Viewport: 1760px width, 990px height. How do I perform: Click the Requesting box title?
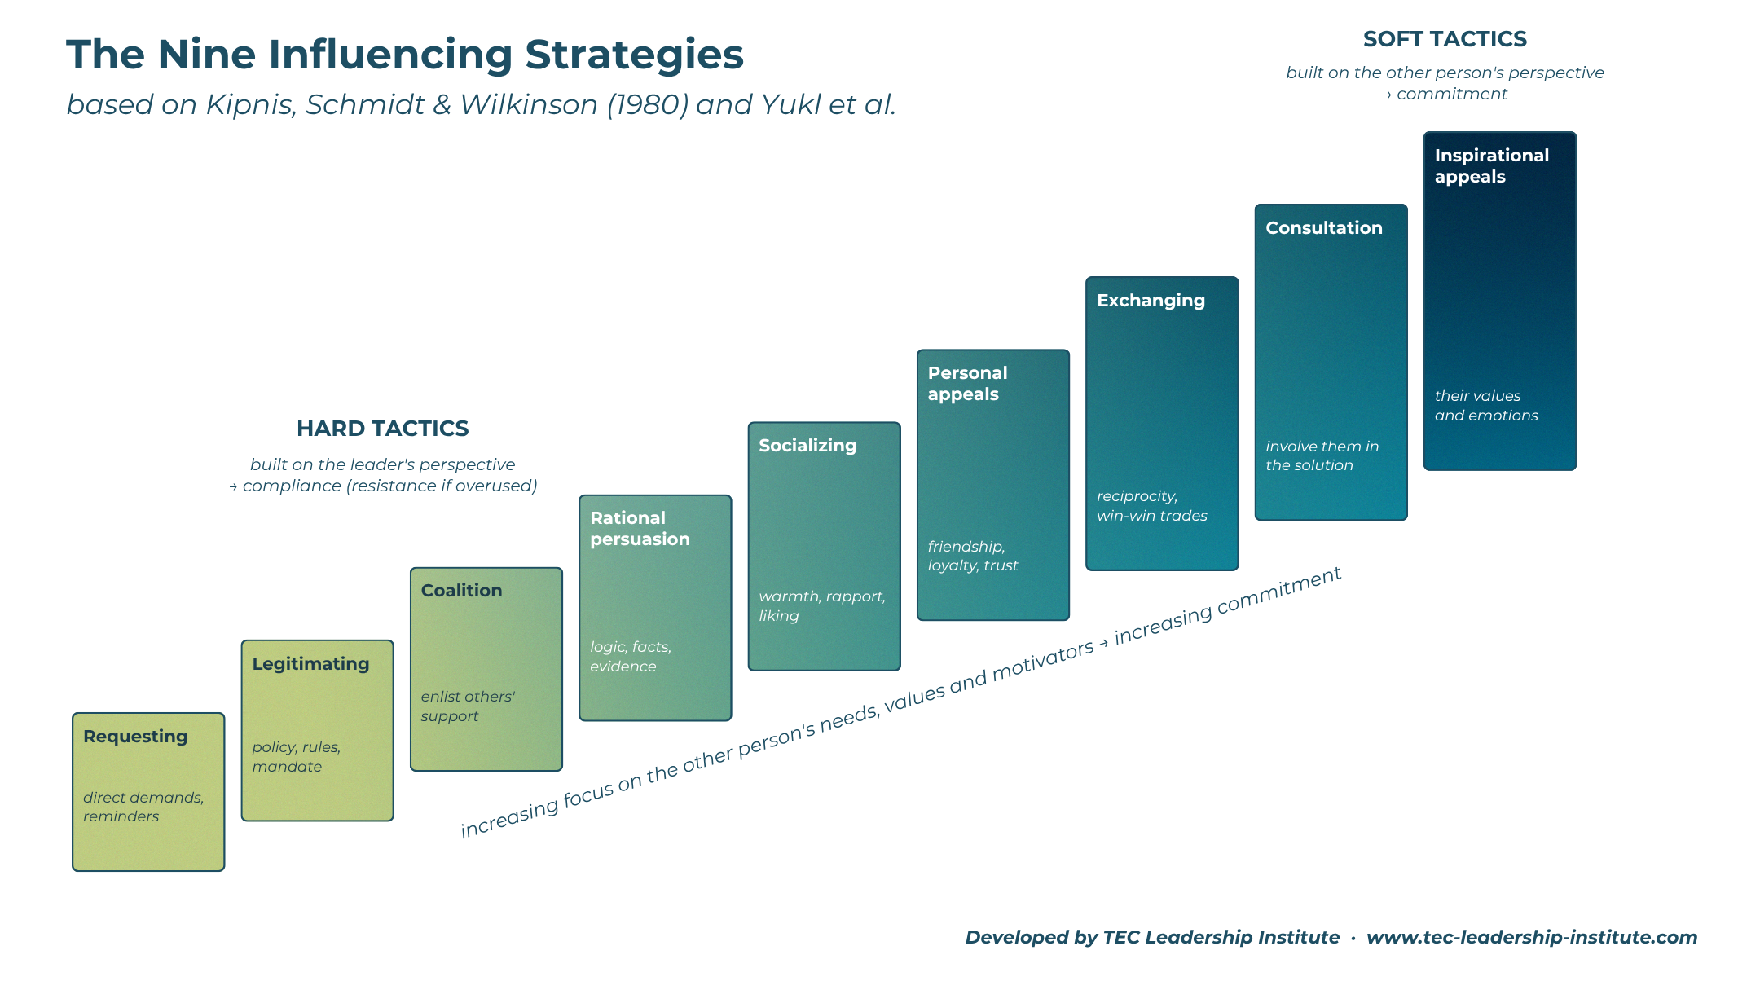click(x=135, y=737)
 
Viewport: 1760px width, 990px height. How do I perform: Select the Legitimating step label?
click(x=310, y=664)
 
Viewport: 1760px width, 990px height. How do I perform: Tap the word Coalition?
click(x=461, y=591)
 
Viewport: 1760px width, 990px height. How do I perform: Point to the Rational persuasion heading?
click(x=640, y=529)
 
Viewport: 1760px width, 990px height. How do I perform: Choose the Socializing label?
click(x=807, y=446)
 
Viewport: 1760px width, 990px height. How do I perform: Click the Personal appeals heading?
click(x=967, y=384)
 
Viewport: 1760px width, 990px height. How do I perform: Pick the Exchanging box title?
click(x=1151, y=301)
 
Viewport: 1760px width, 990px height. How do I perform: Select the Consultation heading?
click(x=1324, y=228)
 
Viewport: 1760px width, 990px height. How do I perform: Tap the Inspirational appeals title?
click(x=1492, y=166)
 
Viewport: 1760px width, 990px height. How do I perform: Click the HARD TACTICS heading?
click(x=383, y=429)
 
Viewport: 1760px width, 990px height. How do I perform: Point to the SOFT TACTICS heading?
click(x=1445, y=39)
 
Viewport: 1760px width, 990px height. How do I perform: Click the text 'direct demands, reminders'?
click(x=143, y=807)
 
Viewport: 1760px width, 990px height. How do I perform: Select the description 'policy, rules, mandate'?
click(x=296, y=757)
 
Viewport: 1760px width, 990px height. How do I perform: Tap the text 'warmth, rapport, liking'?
click(x=822, y=606)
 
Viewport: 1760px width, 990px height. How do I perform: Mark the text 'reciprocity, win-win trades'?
click(x=1152, y=506)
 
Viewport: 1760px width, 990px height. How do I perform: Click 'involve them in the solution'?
click(x=1322, y=455)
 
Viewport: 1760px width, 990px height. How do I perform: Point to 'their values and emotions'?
click(x=1486, y=406)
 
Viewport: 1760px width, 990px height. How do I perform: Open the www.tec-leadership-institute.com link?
click(x=1532, y=938)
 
